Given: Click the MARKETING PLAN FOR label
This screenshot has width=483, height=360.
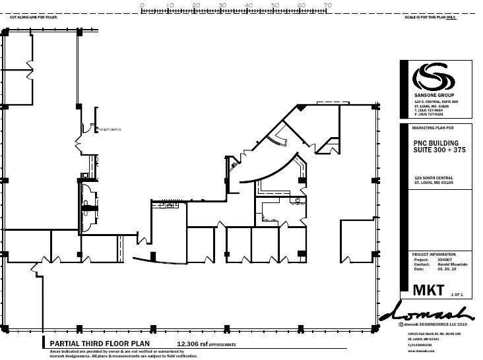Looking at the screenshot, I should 433,127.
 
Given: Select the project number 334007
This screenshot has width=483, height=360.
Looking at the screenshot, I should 444,259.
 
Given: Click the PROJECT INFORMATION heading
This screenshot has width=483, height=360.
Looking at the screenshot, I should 434,254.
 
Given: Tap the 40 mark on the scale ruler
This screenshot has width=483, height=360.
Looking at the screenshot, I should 249,5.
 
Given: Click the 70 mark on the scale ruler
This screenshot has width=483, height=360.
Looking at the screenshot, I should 327,5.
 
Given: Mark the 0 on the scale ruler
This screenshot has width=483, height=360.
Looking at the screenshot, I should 143,5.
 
